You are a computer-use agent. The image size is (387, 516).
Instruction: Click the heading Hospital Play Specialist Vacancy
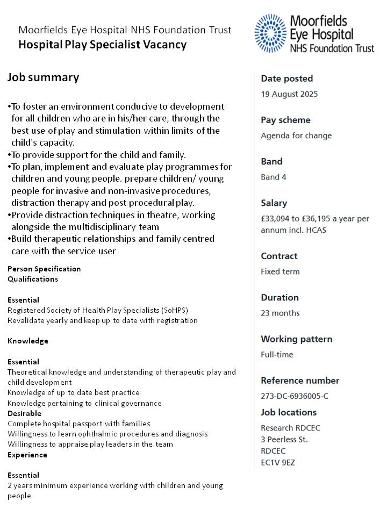point(102,45)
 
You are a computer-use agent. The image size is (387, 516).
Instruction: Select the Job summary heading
point(43,77)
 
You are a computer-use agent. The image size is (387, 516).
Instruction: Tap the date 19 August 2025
point(289,94)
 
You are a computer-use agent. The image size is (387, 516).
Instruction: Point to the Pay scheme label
point(285,120)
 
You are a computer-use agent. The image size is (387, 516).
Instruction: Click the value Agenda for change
point(296,135)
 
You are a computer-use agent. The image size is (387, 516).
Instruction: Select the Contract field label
point(279,256)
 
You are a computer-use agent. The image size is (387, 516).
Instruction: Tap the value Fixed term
point(280,271)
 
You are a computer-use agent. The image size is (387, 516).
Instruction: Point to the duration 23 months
point(280,313)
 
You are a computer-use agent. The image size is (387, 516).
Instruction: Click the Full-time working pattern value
point(277,355)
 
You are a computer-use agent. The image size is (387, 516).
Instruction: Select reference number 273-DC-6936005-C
point(294,396)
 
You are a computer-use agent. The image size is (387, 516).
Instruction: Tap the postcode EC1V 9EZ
point(278,462)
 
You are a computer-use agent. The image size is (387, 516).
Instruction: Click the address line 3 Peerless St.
point(284,439)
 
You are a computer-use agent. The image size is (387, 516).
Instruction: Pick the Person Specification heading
point(44,269)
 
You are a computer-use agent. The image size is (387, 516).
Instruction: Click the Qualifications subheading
point(33,279)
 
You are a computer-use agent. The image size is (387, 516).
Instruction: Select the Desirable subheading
point(24,413)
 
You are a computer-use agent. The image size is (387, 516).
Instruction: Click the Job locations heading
point(289,412)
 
